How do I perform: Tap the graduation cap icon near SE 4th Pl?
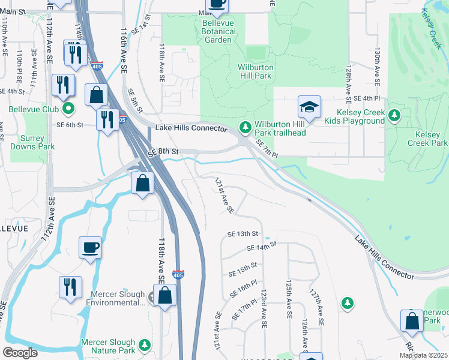coord(309,108)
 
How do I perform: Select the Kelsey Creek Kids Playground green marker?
coord(394,115)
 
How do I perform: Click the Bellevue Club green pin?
coord(68,109)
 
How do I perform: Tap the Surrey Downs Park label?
coord(33,142)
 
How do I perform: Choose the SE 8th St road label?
coord(164,152)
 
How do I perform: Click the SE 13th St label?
coord(243,233)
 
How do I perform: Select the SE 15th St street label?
coord(243,265)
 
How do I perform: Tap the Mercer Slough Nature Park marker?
coord(144,345)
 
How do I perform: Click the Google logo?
coord(20,353)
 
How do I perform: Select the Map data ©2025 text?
coord(423,355)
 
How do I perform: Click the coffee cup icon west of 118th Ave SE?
coord(90,248)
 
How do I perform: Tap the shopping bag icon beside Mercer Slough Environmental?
coord(165,296)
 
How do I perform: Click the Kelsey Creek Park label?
coord(427,139)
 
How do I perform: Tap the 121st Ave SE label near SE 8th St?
coord(224,196)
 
